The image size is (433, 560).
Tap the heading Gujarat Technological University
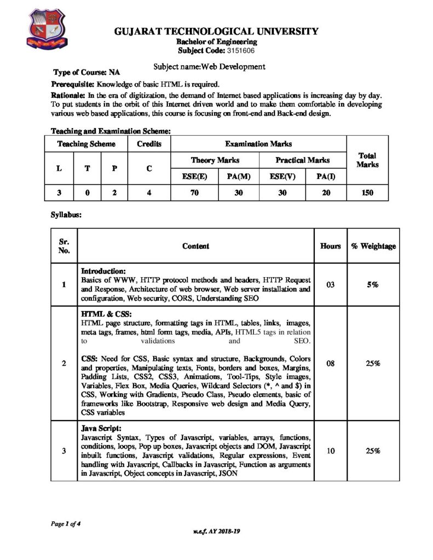click(x=216, y=32)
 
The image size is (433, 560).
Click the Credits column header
click(x=149, y=144)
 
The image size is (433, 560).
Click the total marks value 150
click(x=367, y=193)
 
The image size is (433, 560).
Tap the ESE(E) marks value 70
click(x=194, y=193)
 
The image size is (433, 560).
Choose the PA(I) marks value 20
click(x=326, y=193)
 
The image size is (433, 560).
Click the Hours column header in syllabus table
click(x=330, y=246)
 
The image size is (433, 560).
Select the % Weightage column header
click(x=374, y=246)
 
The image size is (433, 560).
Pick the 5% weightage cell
click(x=374, y=285)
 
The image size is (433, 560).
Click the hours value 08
click(x=330, y=363)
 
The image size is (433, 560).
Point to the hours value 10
click(x=330, y=451)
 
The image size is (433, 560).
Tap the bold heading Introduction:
click(x=103, y=271)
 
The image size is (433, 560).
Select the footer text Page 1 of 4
click(x=65, y=523)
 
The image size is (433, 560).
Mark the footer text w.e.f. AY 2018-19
click(x=217, y=531)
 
